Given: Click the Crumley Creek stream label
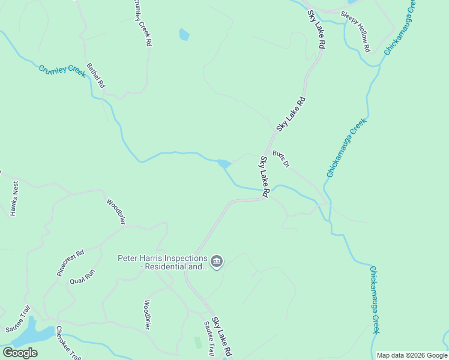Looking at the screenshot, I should [63, 70].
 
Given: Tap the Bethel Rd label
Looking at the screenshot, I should [95, 76].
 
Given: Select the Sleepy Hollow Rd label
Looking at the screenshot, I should [356, 31].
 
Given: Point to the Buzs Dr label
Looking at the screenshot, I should [281, 159].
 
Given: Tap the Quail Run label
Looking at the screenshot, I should [82, 275].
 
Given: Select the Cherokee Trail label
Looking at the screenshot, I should [68, 343].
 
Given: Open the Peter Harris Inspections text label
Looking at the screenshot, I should [162, 262].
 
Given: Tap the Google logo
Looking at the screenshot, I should [20, 353].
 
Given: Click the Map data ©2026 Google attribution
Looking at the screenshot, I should [412, 355].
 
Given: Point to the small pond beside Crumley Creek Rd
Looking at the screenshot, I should [184, 35].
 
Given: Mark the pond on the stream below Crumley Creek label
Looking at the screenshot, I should [224, 163].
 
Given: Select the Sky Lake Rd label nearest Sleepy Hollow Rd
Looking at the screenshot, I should [316, 29].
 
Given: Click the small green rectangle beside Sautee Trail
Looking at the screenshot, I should [198, 343].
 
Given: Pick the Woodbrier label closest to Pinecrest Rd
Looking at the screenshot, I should [116, 211].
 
